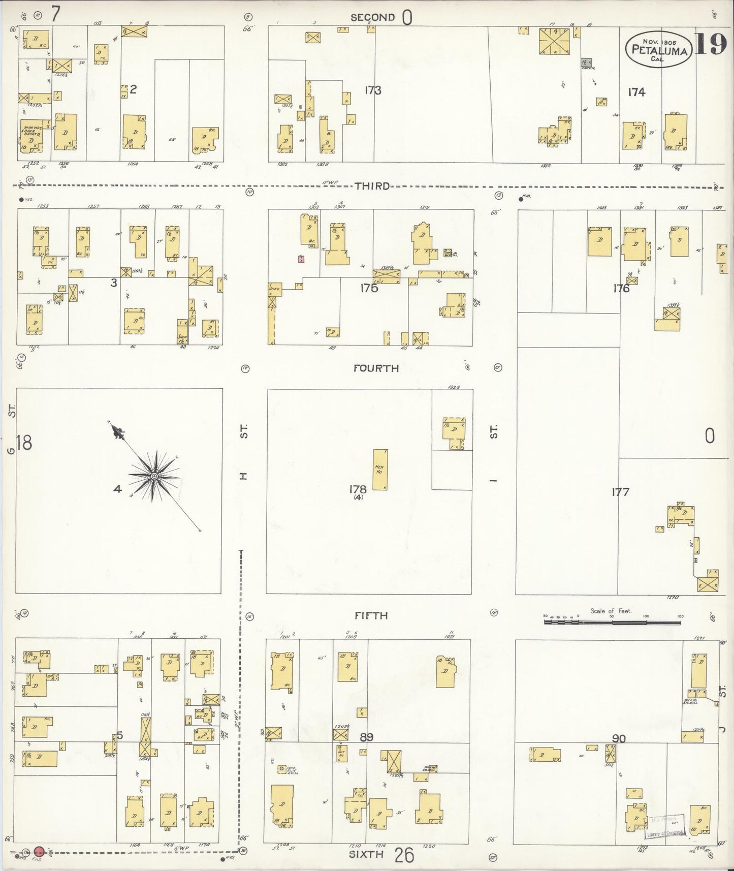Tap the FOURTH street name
[x=376, y=368]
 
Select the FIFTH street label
[x=371, y=615]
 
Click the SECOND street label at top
[x=372, y=17]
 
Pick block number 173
[x=372, y=90]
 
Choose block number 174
[x=636, y=92]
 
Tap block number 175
[x=369, y=288]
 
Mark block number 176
[x=621, y=289]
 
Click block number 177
[x=621, y=491]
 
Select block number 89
[x=367, y=737]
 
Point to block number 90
[x=619, y=739]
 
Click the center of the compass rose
[x=154, y=476]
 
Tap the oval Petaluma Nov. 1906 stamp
[x=659, y=50]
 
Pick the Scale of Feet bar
[x=613, y=620]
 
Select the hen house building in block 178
[x=380, y=470]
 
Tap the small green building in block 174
[x=588, y=61]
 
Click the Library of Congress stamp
[x=665, y=827]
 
